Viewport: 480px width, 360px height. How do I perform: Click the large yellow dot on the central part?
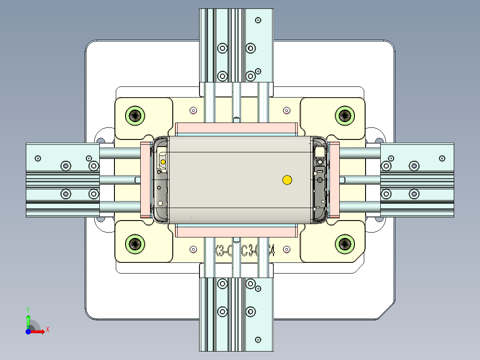(287, 180)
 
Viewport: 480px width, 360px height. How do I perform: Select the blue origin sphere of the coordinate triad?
(28, 331)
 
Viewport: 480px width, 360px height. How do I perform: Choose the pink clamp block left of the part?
(146, 180)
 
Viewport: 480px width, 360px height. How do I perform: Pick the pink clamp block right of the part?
(334, 180)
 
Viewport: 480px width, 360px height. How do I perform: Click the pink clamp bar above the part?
(236, 128)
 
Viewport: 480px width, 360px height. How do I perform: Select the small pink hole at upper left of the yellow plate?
(193, 110)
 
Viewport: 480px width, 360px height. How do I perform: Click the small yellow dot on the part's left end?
(163, 161)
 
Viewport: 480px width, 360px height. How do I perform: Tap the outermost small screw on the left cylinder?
(38, 158)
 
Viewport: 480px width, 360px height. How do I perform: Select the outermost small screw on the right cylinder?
(442, 158)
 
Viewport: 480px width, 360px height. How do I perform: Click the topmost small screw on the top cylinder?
(258, 20)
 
